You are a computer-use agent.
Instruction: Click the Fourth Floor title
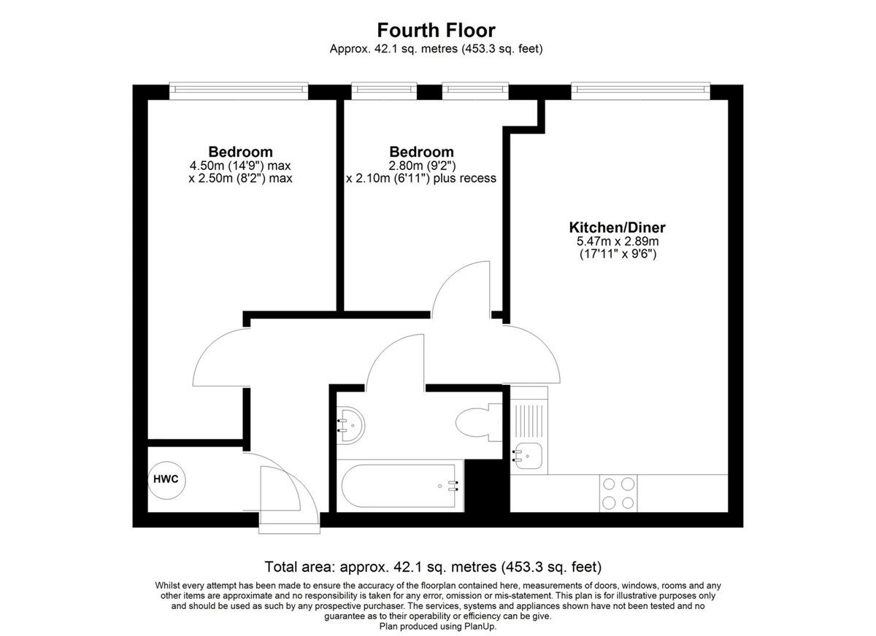point(436,30)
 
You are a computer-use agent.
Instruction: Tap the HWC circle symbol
point(166,480)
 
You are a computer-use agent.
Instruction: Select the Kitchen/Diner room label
point(617,228)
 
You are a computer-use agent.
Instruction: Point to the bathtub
point(400,486)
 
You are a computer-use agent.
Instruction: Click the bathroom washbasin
point(351,425)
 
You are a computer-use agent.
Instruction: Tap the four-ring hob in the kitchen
point(618,493)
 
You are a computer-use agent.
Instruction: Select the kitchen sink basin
point(528,456)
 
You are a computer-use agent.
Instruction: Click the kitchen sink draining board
point(529,421)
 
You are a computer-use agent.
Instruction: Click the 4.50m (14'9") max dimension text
point(240,166)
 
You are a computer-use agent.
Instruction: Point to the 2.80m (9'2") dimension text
point(422,166)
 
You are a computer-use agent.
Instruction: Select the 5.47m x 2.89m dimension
point(618,241)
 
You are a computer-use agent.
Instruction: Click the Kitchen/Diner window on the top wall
point(641,90)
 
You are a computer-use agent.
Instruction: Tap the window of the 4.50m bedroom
point(239,90)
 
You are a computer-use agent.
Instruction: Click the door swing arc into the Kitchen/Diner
point(545,343)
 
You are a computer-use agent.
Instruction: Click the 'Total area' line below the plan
point(433,567)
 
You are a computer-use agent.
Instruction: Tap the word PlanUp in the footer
point(480,627)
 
